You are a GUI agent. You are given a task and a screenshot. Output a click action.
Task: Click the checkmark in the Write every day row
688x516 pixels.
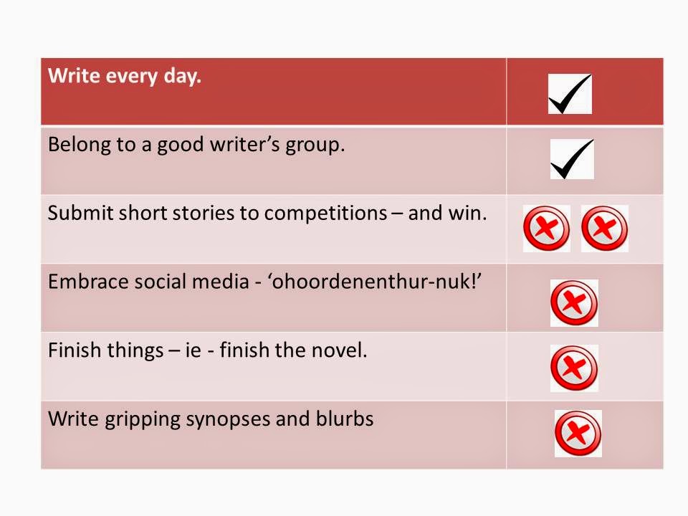point(570,94)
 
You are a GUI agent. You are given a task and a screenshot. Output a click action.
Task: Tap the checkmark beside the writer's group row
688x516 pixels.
point(572,159)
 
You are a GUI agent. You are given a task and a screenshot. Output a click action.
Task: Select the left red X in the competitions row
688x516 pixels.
point(546,229)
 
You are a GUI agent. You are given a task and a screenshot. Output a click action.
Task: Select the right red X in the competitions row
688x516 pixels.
point(605,229)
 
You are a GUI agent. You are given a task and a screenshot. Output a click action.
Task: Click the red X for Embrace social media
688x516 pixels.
point(574,302)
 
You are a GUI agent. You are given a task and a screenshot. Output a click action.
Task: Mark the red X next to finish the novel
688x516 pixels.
point(574,368)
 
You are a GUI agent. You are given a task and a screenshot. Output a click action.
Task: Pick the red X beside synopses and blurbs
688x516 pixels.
point(578,434)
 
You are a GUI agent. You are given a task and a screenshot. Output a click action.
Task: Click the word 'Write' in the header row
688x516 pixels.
point(74,75)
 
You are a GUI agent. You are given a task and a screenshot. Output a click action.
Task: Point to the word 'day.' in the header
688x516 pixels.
point(183,77)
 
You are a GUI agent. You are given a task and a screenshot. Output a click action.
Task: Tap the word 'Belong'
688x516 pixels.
point(80,145)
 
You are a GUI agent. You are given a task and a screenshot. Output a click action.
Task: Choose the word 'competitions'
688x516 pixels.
point(326,214)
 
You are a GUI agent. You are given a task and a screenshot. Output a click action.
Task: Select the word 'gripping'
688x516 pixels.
point(142,420)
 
